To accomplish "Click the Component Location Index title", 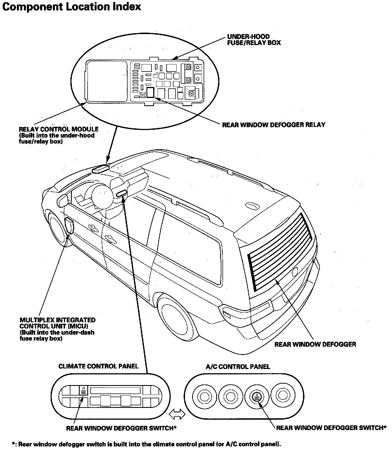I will (x=72, y=7).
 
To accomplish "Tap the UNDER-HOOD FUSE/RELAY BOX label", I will (x=254, y=40).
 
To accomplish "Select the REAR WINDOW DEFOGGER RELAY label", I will (x=273, y=125).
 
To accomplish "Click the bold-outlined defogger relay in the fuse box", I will (x=150, y=92).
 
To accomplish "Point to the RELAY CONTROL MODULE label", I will (x=59, y=129).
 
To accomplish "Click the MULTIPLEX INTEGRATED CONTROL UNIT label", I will (x=57, y=323).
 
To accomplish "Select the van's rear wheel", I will (x=172, y=318).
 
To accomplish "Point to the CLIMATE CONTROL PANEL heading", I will (x=98, y=366).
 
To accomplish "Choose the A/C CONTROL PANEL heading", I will (x=238, y=366).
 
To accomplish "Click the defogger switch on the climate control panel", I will (x=84, y=392).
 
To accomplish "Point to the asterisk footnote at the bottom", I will (x=146, y=444).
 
